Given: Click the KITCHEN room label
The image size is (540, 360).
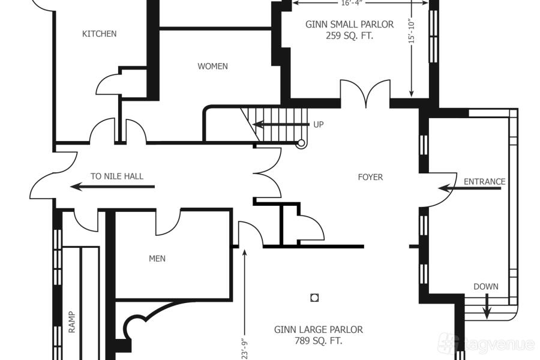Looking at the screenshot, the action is click(99, 34).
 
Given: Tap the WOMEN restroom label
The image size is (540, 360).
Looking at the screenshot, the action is click(212, 66).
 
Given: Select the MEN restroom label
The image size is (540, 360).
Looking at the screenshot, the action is click(157, 259).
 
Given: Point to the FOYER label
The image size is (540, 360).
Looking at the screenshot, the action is click(370, 177).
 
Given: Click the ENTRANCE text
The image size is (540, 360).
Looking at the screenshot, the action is click(485, 182).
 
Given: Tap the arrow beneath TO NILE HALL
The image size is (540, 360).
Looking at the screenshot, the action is click(112, 187).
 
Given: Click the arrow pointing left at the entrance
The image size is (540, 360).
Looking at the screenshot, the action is click(469, 188).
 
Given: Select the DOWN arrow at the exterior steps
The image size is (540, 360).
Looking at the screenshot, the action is click(486, 306).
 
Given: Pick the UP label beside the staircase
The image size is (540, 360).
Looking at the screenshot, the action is click(318, 124).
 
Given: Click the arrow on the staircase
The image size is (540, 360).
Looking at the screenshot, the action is click(281, 124).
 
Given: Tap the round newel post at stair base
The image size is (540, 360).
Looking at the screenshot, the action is click(301, 143).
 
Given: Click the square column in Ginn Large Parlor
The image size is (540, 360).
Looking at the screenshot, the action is click(314, 298).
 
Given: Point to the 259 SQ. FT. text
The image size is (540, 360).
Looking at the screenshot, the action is click(350, 36).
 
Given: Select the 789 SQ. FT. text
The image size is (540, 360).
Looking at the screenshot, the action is click(319, 341).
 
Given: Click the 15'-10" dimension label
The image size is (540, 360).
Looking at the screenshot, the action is click(412, 31).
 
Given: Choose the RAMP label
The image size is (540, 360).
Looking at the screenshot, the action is click(71, 322).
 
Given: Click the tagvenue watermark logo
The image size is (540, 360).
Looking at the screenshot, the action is click(485, 344).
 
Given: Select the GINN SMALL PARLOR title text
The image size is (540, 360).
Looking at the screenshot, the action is click(350, 25).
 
